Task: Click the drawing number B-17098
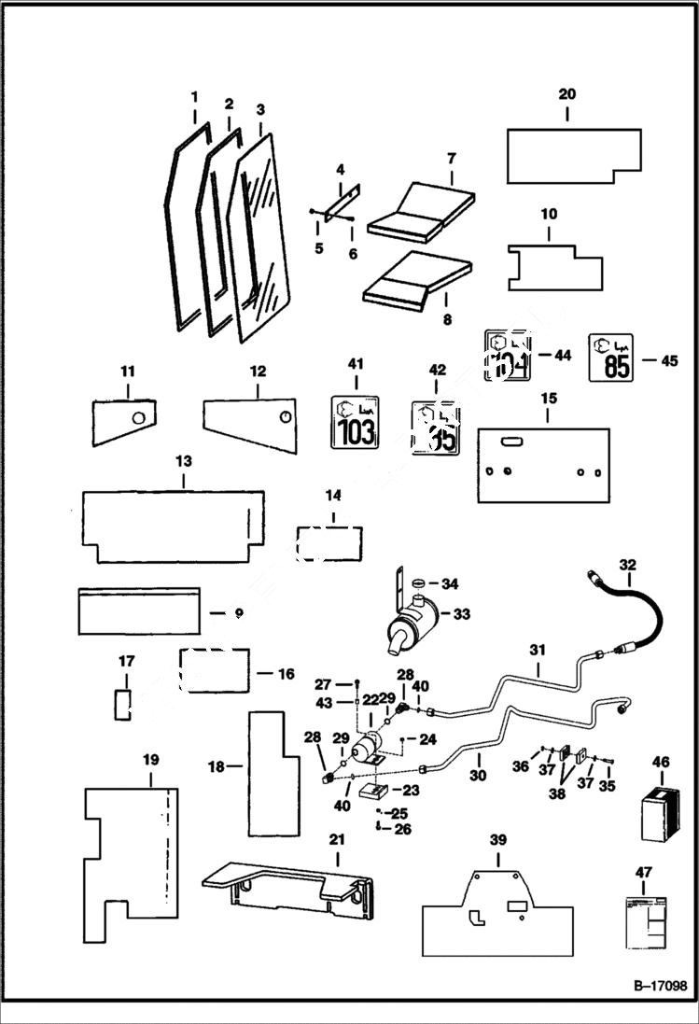click(x=652, y=986)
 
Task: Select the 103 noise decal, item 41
click(x=356, y=422)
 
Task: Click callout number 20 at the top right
click(x=566, y=94)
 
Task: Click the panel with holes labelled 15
click(x=543, y=464)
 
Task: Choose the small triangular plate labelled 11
click(x=123, y=422)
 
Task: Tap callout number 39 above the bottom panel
click(x=498, y=841)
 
